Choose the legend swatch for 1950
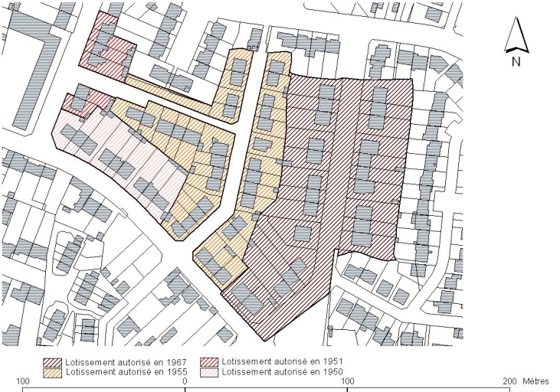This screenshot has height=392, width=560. (x=210, y=372)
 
